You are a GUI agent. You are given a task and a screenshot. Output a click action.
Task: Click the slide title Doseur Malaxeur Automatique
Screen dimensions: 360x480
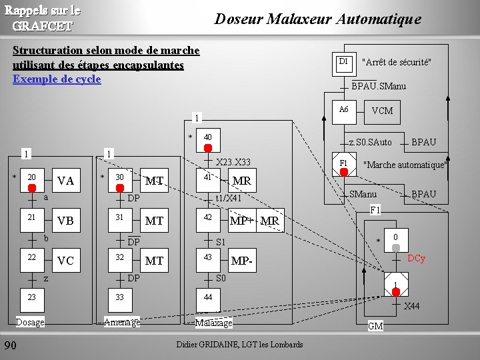coord(317,19)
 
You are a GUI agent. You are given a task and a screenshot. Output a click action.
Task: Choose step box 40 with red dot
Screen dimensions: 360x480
coord(208,138)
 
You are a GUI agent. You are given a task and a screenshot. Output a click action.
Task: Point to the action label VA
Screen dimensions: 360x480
coord(66,181)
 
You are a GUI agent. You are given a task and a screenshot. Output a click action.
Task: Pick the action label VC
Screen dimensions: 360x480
coord(66,261)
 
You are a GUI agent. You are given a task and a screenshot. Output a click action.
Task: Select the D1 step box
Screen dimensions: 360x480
coord(344,62)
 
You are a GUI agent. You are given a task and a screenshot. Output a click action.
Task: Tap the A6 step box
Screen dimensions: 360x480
coord(344,110)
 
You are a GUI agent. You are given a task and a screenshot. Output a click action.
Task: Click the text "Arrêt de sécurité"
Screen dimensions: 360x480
coord(396,63)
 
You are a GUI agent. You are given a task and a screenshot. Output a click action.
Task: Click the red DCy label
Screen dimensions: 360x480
coord(417,258)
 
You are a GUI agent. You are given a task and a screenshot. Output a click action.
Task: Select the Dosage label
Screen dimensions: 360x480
coord(30,323)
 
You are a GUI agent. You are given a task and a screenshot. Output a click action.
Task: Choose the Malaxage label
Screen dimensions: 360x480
coord(213,323)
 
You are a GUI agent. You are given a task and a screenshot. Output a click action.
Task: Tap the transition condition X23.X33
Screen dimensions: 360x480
coord(233,162)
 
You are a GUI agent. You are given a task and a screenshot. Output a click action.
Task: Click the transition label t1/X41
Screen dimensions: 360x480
coord(228,198)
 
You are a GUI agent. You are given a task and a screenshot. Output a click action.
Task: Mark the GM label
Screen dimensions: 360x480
coord(375,326)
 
